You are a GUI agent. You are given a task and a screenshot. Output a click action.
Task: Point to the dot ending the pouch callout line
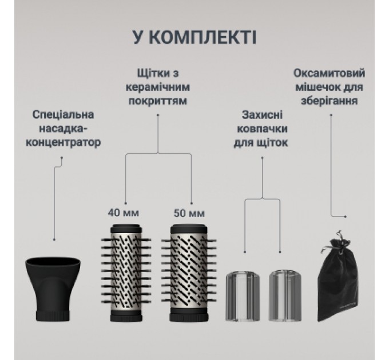347,217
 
